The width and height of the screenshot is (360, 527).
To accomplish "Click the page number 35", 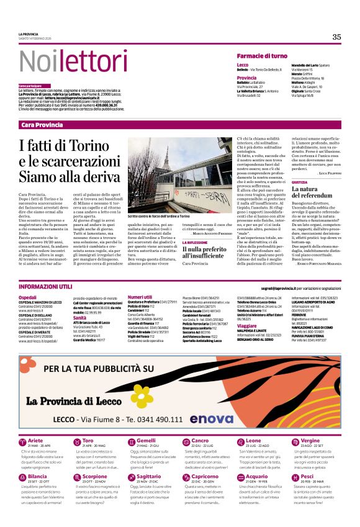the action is tap(336, 37).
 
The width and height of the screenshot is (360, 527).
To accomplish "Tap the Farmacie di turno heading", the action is tap(262, 56).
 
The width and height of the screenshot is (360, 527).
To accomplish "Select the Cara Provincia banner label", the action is tap(42, 125).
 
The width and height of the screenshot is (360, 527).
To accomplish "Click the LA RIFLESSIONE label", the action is tap(196, 242).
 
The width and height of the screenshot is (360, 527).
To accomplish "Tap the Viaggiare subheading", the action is tap(246, 325).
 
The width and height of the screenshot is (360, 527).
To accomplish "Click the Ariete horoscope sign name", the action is tap(36, 440).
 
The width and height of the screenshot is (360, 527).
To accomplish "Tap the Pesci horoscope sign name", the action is tap(307, 476).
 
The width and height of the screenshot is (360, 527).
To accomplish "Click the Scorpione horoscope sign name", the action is tap(94, 476).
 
